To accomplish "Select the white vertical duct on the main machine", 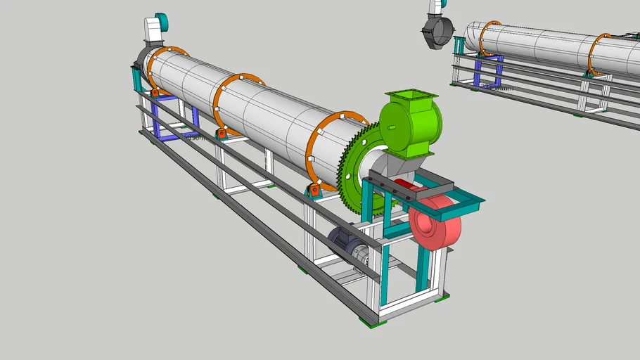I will coord(152,32).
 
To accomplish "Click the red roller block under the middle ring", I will coord(221,133).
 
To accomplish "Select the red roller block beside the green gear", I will coord(314,191).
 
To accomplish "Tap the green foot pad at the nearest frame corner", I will coord(369,322).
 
